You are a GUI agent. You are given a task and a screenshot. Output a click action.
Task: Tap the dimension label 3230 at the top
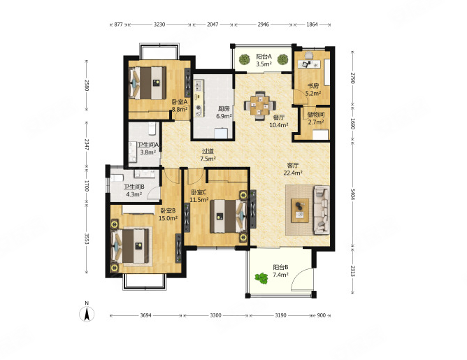[x=159, y=24]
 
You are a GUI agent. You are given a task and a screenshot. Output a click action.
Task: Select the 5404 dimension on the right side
[x=352, y=195]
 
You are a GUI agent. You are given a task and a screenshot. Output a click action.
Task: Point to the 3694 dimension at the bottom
[x=145, y=315]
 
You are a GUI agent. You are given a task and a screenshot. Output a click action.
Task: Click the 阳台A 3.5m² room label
[x=264, y=60]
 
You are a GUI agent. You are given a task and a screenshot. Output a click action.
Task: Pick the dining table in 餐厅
[x=259, y=105]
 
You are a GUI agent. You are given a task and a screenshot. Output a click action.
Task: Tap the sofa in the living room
[x=322, y=210]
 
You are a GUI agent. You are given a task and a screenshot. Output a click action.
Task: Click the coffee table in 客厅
[x=300, y=210]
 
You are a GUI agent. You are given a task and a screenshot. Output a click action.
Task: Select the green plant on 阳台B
[x=261, y=278]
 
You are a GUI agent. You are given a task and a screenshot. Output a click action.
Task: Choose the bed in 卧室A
[x=148, y=82]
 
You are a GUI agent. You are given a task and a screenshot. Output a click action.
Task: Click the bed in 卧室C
[x=229, y=216]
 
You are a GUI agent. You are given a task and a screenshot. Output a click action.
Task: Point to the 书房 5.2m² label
[x=313, y=89]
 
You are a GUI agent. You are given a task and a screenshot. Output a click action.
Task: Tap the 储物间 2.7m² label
[x=316, y=118]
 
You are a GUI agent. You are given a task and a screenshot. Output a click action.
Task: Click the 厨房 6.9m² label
[x=224, y=113]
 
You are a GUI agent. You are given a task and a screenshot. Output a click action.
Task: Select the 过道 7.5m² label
[x=208, y=155]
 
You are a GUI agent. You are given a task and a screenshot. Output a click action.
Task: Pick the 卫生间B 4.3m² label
[x=134, y=191]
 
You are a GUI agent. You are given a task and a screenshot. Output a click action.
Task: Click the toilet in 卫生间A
[x=152, y=129]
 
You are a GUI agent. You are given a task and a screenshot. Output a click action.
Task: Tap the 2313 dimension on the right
[x=352, y=271]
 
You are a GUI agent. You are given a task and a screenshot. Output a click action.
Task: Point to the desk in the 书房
[x=310, y=64]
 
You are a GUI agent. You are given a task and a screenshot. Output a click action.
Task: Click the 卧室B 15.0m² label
[x=168, y=215]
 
